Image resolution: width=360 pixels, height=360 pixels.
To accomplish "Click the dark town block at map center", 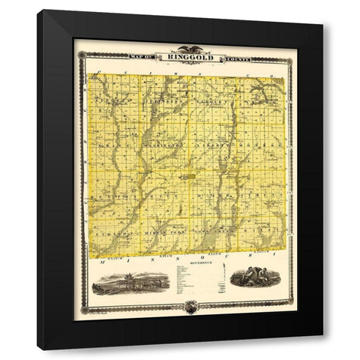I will [187, 177].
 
